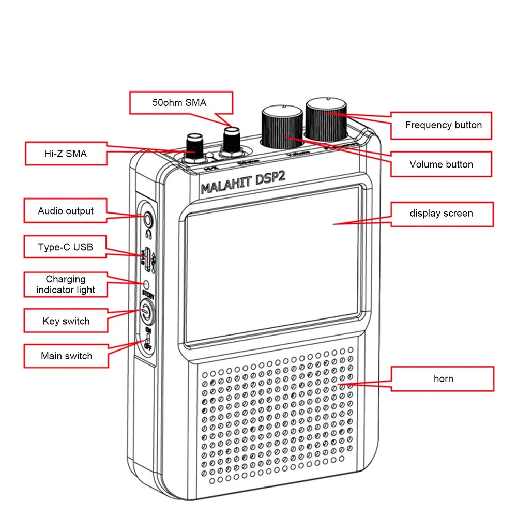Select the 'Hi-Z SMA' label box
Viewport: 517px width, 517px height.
[66, 154]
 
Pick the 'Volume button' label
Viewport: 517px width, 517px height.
[441, 164]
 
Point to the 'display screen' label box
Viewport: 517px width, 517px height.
[441, 214]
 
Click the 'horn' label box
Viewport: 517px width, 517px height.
[443, 379]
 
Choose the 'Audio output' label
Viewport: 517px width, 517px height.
[66, 211]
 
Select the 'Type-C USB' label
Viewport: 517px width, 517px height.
[66, 247]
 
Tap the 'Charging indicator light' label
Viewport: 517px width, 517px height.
[66, 285]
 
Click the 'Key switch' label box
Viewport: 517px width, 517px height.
[66, 321]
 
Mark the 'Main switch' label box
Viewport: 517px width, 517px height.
[66, 356]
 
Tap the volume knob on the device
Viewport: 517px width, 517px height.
[283, 127]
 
